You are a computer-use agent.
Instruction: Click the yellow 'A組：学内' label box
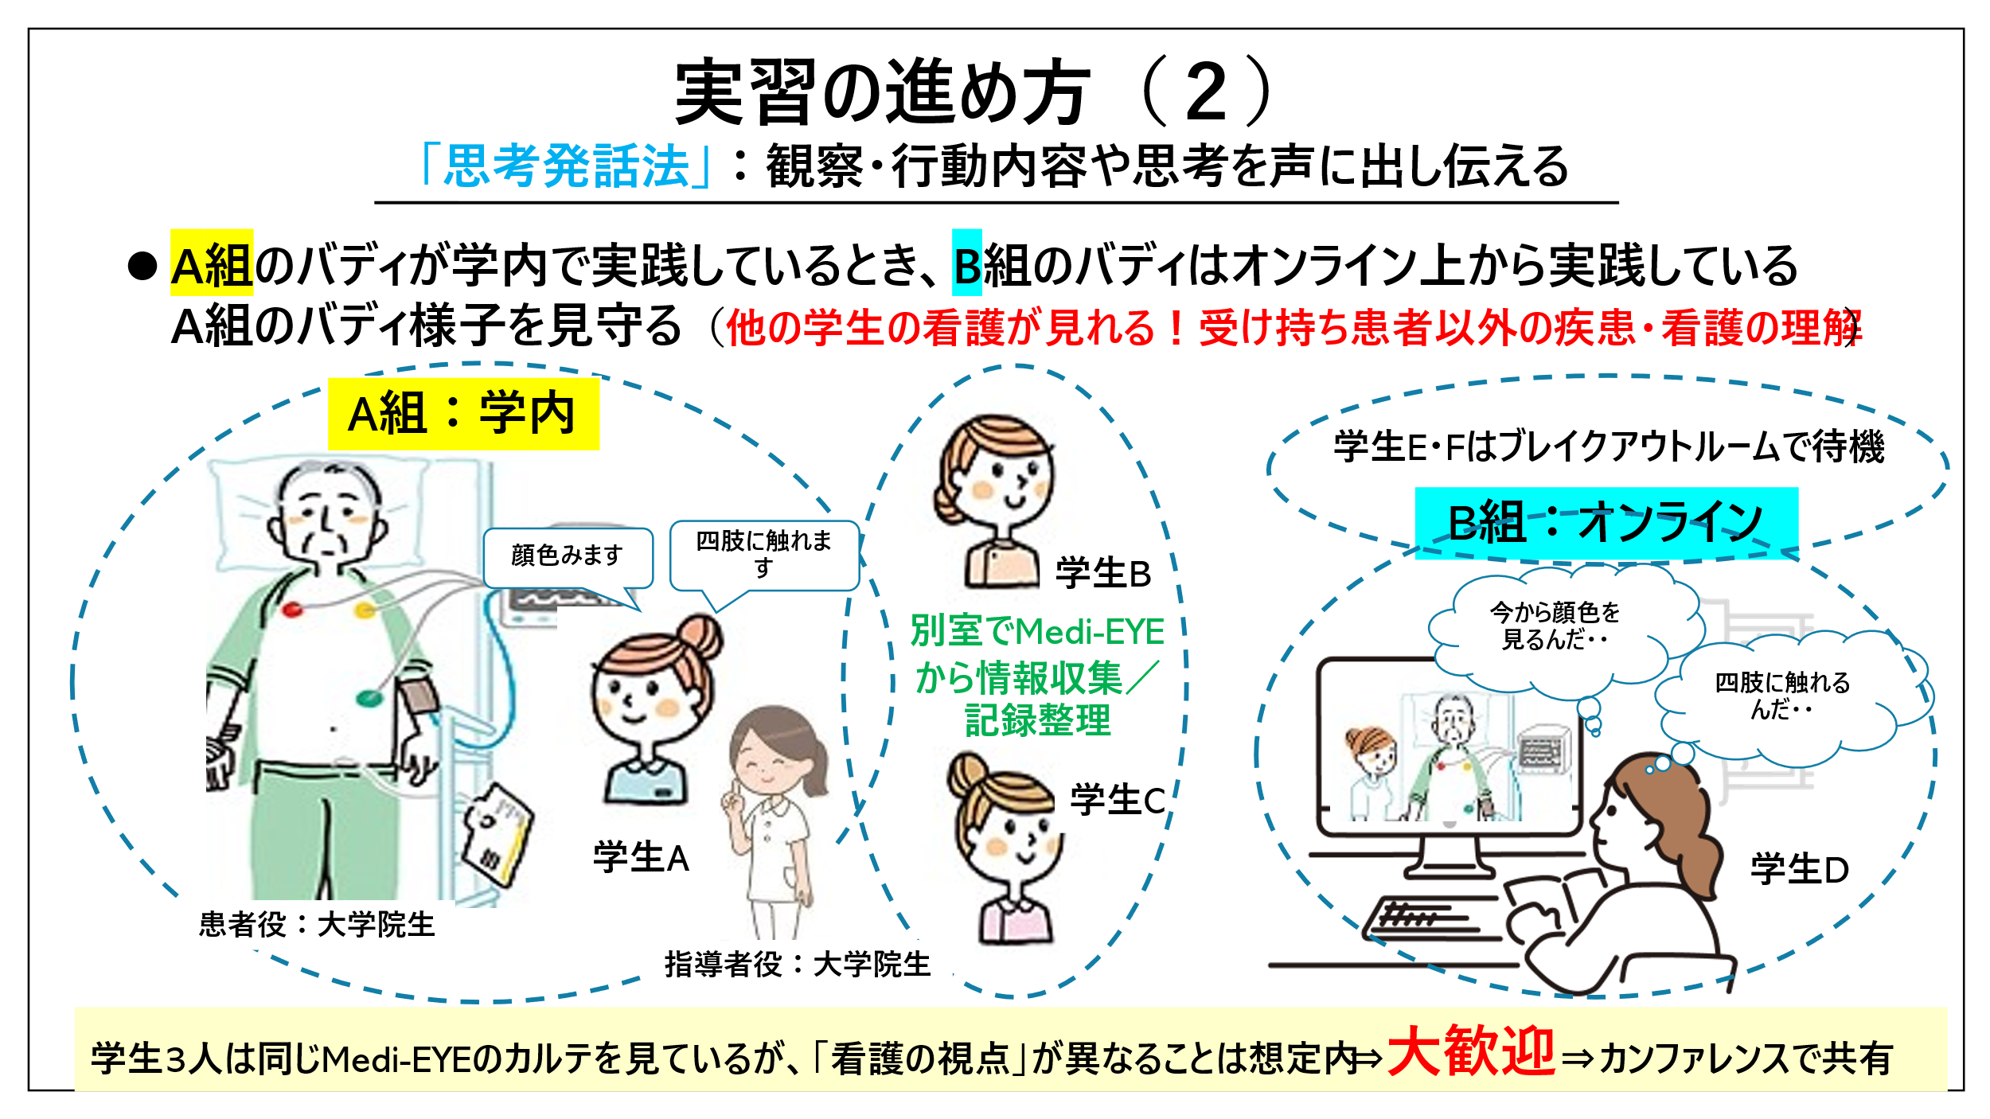tap(463, 414)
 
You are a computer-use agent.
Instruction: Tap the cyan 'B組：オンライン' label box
tap(1606, 523)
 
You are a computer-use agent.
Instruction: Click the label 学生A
tap(641, 857)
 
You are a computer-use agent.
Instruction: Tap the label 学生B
tap(1103, 573)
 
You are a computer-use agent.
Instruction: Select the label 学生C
tap(1118, 799)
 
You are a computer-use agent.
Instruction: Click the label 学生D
tap(1799, 869)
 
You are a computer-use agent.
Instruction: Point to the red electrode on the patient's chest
tap(292, 610)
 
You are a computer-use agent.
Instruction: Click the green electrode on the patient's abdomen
tap(369, 699)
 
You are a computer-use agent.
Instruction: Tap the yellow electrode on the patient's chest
tap(365, 610)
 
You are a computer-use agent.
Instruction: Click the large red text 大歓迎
tap(1471, 1051)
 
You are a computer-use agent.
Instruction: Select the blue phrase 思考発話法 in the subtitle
tap(566, 166)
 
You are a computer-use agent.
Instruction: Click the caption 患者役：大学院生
tap(317, 925)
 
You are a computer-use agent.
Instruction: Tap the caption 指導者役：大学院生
tap(798, 965)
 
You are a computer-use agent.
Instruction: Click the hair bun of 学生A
tap(700, 637)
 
